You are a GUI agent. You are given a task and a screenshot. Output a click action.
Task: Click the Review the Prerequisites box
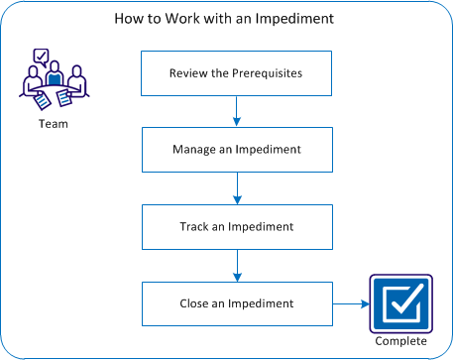point(235,73)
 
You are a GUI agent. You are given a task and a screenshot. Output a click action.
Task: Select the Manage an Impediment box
point(235,150)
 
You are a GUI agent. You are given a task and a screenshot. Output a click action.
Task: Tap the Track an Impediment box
point(235,227)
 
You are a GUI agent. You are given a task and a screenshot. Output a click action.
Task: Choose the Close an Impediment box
point(235,304)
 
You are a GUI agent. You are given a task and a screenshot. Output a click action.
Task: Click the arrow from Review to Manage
point(236,111)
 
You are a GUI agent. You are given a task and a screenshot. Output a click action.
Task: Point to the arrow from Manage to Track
point(236,188)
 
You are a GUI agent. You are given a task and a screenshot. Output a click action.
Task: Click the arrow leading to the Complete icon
point(349,304)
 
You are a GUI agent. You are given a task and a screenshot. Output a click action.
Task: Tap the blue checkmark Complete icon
point(400,303)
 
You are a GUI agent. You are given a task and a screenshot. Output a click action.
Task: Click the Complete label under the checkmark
point(400,342)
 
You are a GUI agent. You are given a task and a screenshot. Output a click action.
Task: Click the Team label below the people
point(54,125)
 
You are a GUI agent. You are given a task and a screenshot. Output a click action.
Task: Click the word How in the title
point(129,19)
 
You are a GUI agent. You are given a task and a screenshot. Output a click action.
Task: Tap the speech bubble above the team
point(41,57)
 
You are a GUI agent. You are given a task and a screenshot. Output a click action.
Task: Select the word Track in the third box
point(190,227)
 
